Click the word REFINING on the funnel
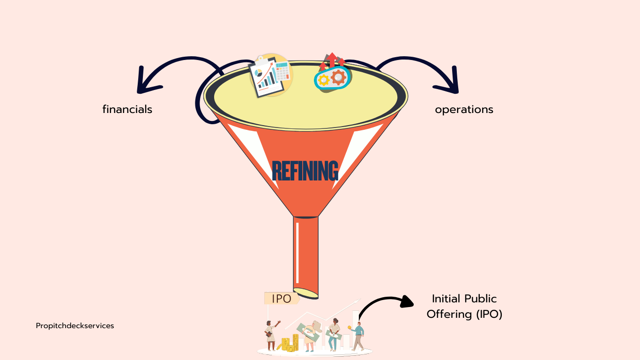coord(305,171)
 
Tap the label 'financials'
coord(127,109)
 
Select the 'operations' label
coord(464,109)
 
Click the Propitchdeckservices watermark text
coord(75,325)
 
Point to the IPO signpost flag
coord(282,299)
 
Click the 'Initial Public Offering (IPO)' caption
coord(464,306)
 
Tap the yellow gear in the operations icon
coord(323,80)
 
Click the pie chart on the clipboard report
coord(257,72)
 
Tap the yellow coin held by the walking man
coord(350,327)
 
